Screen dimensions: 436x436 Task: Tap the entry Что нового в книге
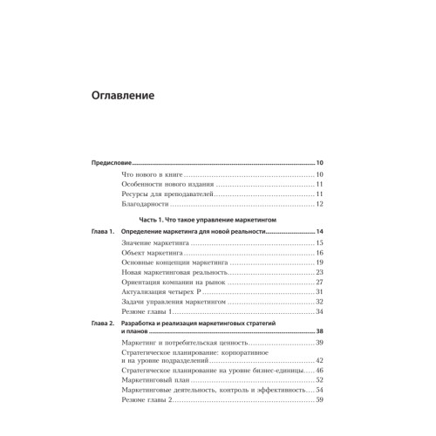click(155, 177)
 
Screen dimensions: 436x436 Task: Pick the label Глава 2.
click(101, 324)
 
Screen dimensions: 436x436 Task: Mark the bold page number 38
click(320, 332)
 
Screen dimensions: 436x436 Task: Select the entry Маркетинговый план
click(157, 380)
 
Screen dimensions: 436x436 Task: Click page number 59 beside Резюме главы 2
click(320, 400)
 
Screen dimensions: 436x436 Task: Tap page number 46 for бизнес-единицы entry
click(320, 370)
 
